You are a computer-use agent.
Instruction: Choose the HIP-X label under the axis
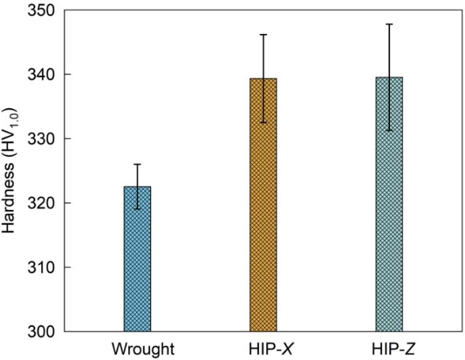pyautogui.click(x=263, y=348)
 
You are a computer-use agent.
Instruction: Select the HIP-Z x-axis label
pyautogui.click(x=389, y=348)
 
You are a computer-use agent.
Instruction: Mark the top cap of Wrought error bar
pyautogui.click(x=138, y=164)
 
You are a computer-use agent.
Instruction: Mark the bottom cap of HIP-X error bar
pyautogui.click(x=263, y=122)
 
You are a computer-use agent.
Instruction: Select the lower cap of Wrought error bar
pyautogui.click(x=138, y=209)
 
